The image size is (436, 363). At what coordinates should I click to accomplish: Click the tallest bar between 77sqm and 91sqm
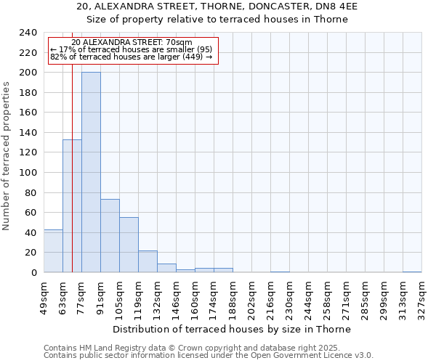point(91,172)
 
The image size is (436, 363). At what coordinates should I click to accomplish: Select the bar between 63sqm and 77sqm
point(72,205)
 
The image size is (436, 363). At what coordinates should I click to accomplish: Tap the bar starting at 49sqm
point(53,250)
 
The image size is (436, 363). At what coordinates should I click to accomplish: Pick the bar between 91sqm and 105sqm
point(110,235)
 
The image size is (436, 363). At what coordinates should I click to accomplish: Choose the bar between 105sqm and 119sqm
point(129,245)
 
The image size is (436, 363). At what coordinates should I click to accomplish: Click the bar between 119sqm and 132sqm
point(148,261)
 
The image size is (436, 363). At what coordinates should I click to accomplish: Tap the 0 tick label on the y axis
point(33,273)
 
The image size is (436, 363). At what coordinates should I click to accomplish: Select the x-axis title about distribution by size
point(232,329)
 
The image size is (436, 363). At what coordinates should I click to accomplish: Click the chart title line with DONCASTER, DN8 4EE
point(217,7)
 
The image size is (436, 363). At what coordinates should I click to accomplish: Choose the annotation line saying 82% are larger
point(131,57)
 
